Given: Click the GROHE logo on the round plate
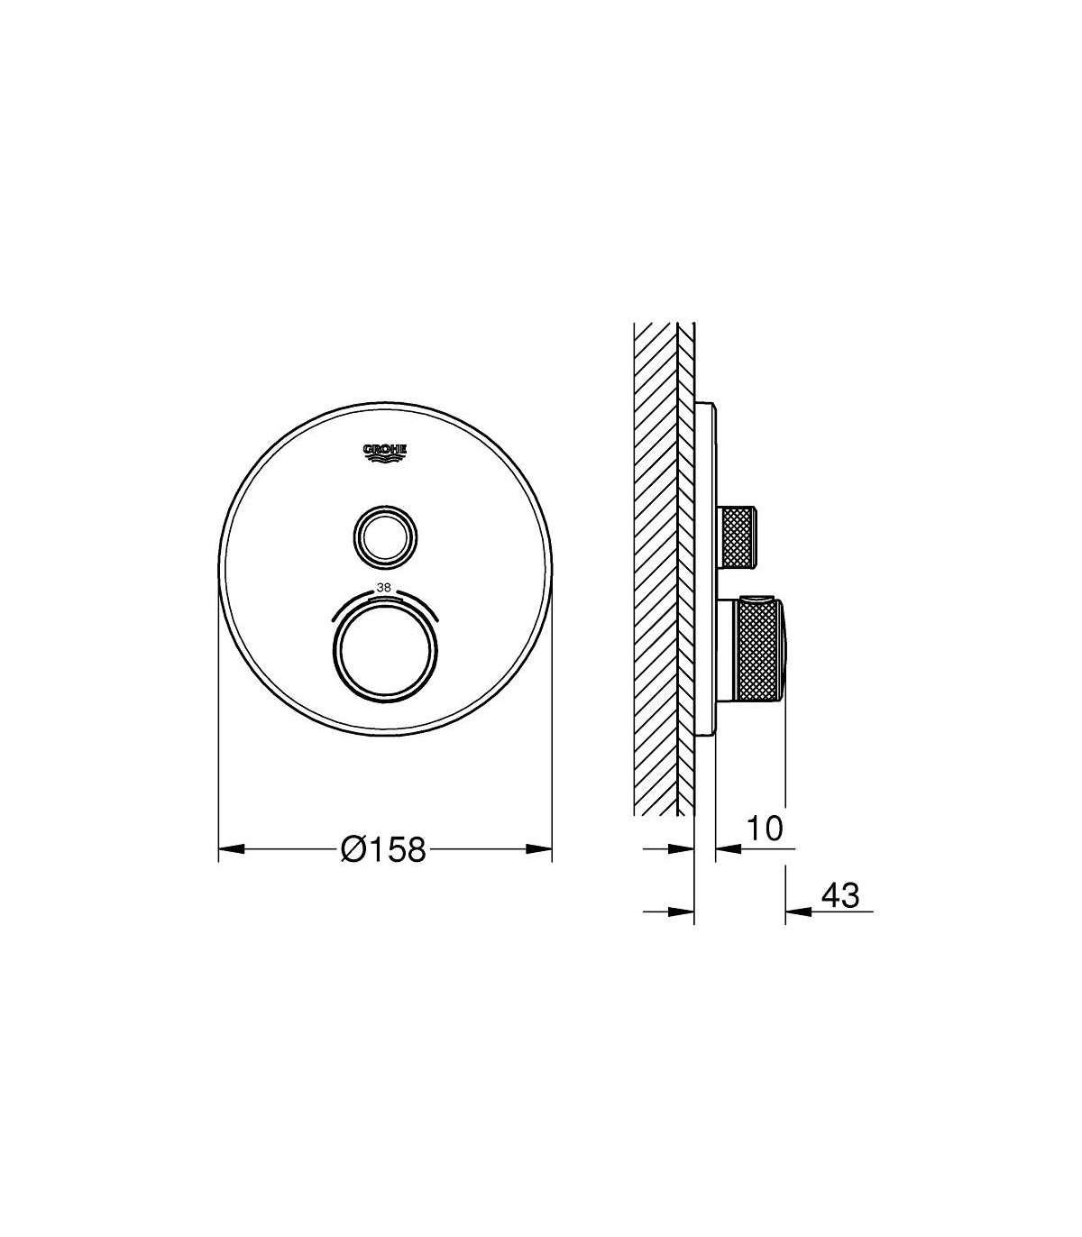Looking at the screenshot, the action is coord(385,454).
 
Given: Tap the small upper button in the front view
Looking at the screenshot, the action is coord(385,536).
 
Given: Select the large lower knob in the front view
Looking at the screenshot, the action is coord(385,650).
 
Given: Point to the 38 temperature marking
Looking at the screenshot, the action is coord(383,587).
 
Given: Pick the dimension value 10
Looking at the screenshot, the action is coord(765,829).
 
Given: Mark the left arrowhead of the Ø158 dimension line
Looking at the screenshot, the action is coord(232,848).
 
